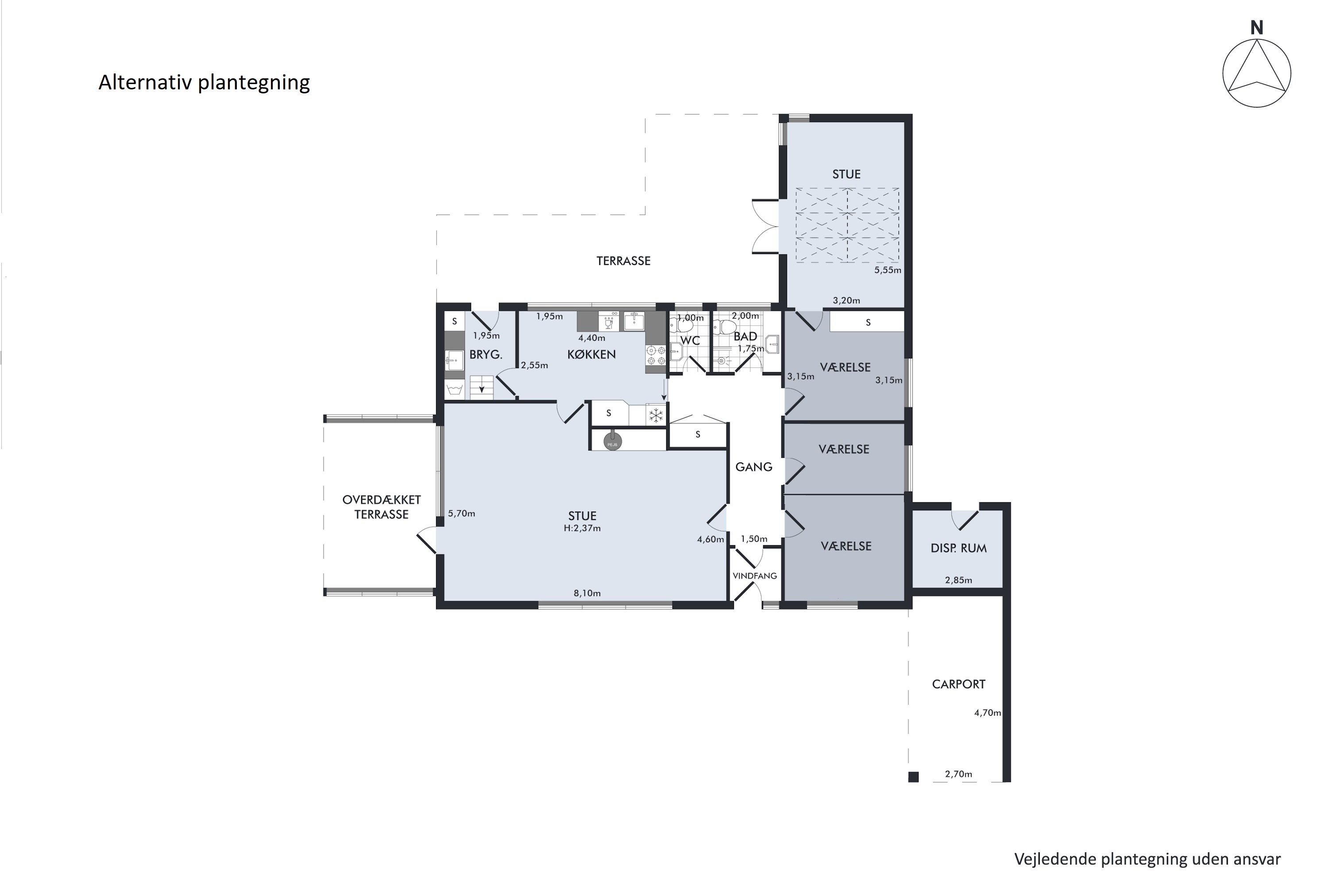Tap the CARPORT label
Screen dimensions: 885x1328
pyautogui.click(x=958, y=684)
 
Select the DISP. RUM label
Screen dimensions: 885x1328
pyautogui.click(x=958, y=548)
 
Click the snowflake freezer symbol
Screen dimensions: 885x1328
pyautogui.click(x=656, y=416)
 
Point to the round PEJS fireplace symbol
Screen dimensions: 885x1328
pyautogui.click(x=612, y=441)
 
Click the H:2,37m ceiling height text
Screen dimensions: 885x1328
pyautogui.click(x=582, y=528)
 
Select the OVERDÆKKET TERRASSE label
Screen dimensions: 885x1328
pyautogui.click(x=381, y=507)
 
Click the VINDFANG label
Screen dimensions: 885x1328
pyautogui.click(x=754, y=576)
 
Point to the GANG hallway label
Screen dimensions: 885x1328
pyautogui.click(x=753, y=467)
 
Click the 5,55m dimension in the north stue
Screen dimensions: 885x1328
pyautogui.click(x=887, y=270)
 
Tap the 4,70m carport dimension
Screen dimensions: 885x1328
pyautogui.click(x=987, y=713)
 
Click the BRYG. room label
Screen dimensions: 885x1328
pyautogui.click(x=486, y=355)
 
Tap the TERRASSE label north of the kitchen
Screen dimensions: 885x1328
pyautogui.click(x=623, y=261)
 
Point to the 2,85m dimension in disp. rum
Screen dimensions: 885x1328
pyautogui.click(x=958, y=580)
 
